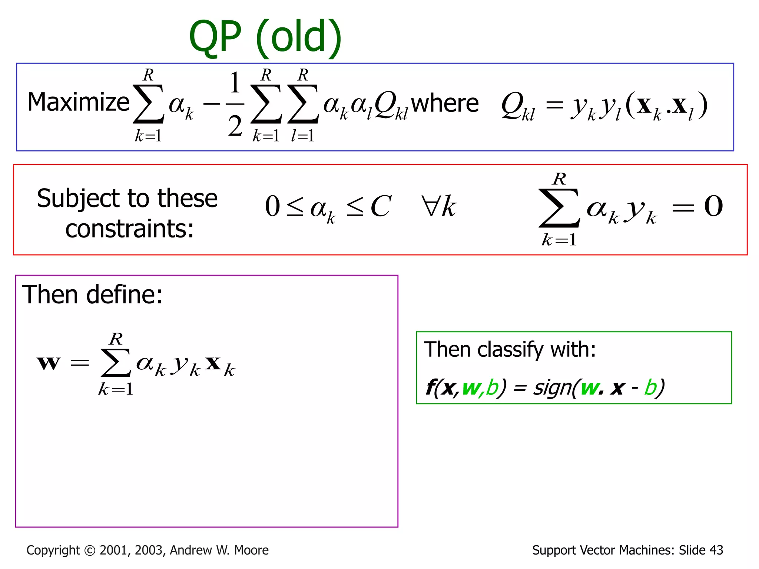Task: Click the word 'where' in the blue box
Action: tap(445, 103)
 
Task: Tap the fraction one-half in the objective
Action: tap(235, 104)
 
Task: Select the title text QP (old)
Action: tap(265, 37)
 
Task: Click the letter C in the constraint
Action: tap(381, 206)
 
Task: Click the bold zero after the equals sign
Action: tap(713, 206)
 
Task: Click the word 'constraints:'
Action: tap(129, 229)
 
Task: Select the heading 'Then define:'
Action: tap(92, 295)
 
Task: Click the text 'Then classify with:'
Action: tap(510, 349)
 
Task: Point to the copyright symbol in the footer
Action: tap(90, 550)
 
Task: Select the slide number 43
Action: tap(716, 550)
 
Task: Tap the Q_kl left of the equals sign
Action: tap(517, 106)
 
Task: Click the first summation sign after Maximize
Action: tap(148, 104)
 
